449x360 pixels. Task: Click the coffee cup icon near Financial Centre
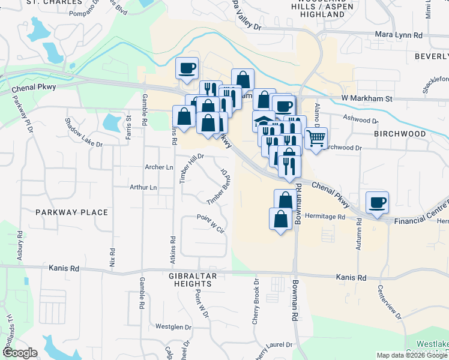tap(376, 203)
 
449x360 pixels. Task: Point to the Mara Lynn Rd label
tap(399, 35)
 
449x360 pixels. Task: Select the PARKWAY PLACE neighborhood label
tap(71, 212)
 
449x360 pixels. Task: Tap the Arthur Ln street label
tap(143, 187)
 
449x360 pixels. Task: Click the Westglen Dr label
tap(173, 327)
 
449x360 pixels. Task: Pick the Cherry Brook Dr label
tap(256, 303)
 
